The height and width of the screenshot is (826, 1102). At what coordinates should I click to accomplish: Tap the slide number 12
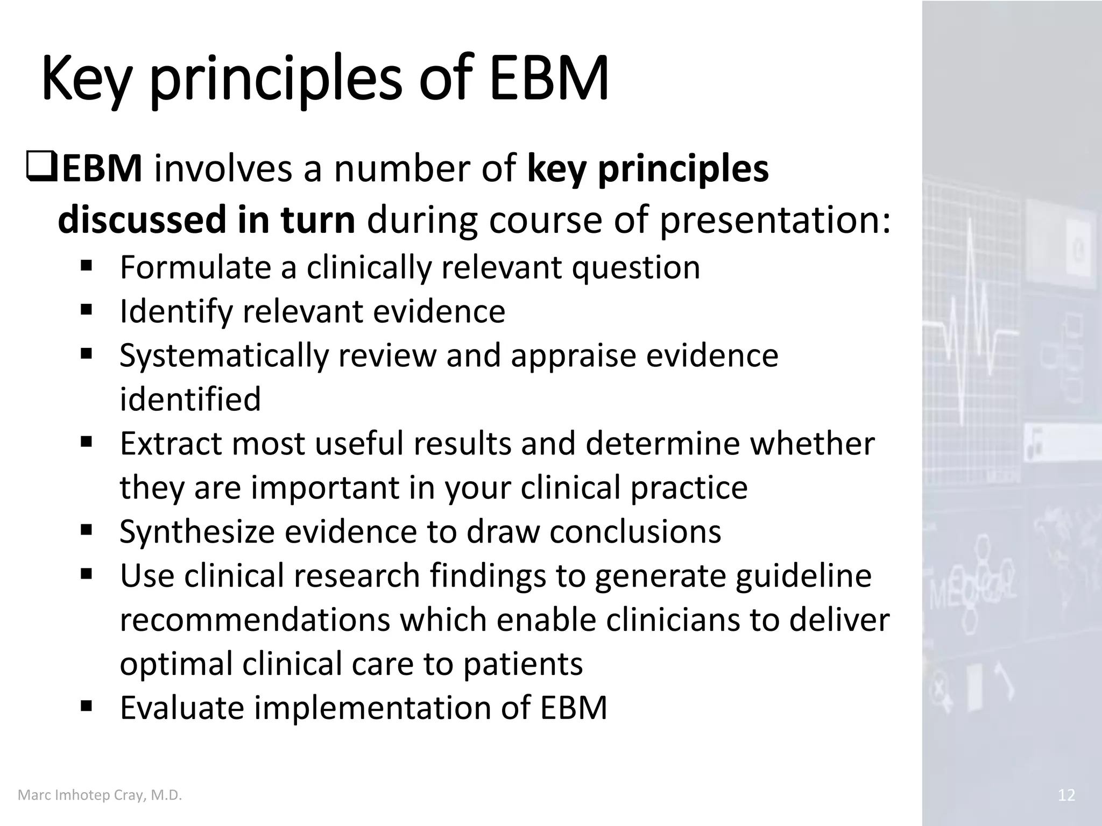pyautogui.click(x=1066, y=795)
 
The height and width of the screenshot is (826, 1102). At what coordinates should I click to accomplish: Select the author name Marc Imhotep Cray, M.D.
pyautogui.click(x=100, y=795)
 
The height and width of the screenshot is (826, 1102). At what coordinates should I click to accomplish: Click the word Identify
pyautogui.click(x=175, y=312)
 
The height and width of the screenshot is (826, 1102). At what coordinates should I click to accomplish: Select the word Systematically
pyautogui.click(x=223, y=357)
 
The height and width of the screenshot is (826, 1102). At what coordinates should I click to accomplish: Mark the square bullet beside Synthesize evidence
pyautogui.click(x=86, y=531)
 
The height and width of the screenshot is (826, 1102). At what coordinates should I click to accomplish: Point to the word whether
pyautogui.click(x=812, y=444)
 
